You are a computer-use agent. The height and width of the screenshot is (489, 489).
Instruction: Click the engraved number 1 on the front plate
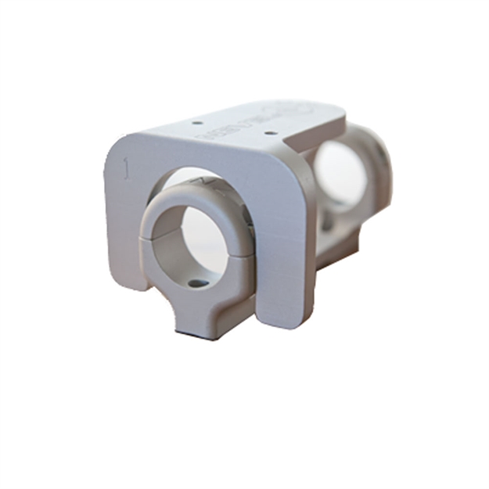[x=125, y=168]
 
